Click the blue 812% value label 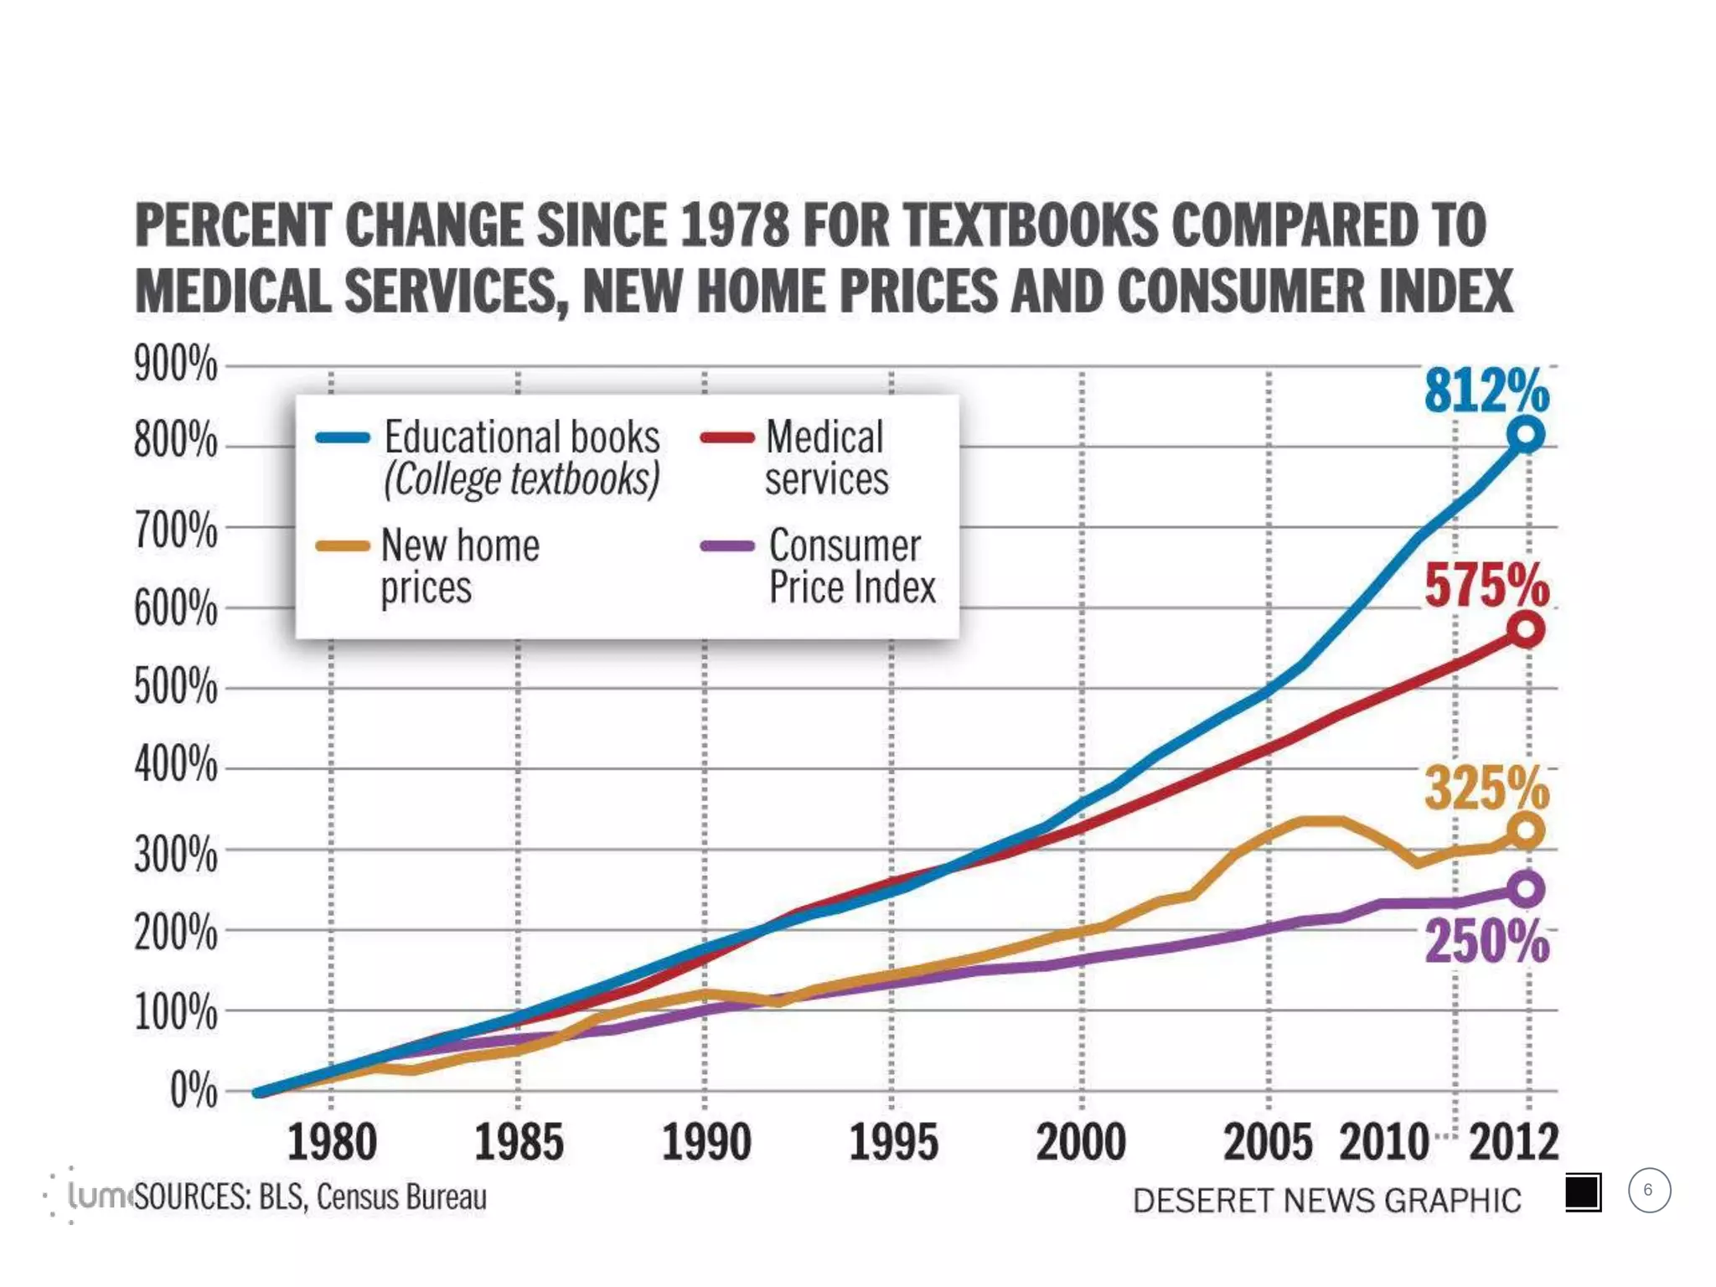(x=1486, y=390)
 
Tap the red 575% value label (x=1486, y=585)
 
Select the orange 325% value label (x=1486, y=788)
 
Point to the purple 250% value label (x=1486, y=942)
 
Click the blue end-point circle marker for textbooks (x=1526, y=435)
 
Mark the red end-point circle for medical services (x=1526, y=629)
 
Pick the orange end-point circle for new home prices (x=1526, y=831)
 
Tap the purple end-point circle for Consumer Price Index (x=1526, y=889)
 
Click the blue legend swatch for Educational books (x=343, y=437)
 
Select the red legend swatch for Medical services (x=726, y=437)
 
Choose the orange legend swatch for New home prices (x=343, y=546)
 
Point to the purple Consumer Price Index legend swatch (x=726, y=546)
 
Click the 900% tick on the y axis (x=175, y=364)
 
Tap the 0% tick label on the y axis (x=194, y=1091)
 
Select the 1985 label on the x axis (x=519, y=1143)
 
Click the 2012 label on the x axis (x=1513, y=1143)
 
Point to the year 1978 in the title (x=735, y=226)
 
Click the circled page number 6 (x=1648, y=1191)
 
